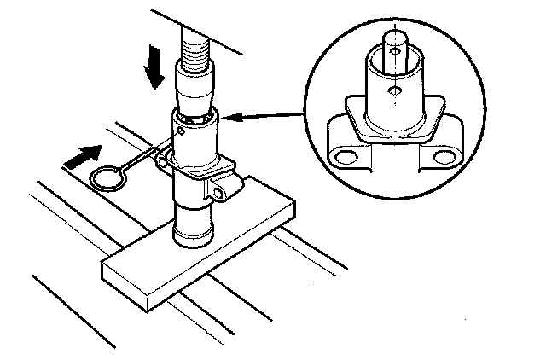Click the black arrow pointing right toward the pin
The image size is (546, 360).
pyautogui.click(x=81, y=157)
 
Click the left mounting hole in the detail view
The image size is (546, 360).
pyautogui.click(x=346, y=157)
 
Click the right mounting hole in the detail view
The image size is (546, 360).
pyautogui.click(x=441, y=157)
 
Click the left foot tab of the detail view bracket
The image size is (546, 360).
pyautogui.click(x=347, y=154)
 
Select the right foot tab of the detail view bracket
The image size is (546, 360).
pyautogui.click(x=440, y=154)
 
